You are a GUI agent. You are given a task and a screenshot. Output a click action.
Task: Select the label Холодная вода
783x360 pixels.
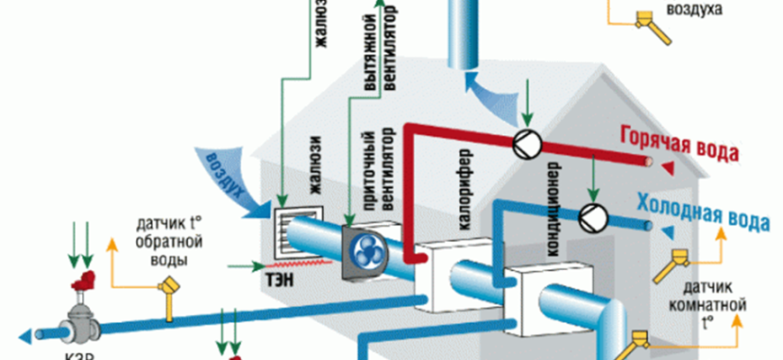coord(703,209)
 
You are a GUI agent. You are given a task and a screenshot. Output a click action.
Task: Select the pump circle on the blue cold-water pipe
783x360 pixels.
coord(591,216)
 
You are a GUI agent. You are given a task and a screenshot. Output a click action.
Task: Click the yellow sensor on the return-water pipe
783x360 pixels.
coord(168,287)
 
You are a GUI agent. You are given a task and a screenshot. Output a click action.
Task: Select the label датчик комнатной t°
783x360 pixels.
coord(709,303)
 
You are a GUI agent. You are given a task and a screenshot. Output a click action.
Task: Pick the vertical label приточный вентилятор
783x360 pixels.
coord(376,173)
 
